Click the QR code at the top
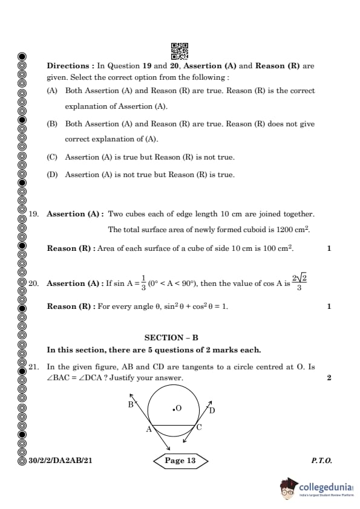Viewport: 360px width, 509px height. click(180, 51)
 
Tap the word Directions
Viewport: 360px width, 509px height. click(70, 66)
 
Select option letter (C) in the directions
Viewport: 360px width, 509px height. click(52, 157)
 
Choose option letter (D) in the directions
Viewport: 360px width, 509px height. click(52, 175)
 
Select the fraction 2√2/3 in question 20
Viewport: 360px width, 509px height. click(298, 282)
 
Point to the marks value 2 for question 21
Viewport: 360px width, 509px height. click(329, 378)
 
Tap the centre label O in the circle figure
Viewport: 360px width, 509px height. click(178, 409)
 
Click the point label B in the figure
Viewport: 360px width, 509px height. click(130, 404)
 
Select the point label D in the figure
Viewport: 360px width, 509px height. click(212, 410)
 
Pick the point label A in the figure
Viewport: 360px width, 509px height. click(148, 429)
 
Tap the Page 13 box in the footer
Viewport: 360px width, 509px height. click(180, 461)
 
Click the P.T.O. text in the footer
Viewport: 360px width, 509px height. click(321, 461)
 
